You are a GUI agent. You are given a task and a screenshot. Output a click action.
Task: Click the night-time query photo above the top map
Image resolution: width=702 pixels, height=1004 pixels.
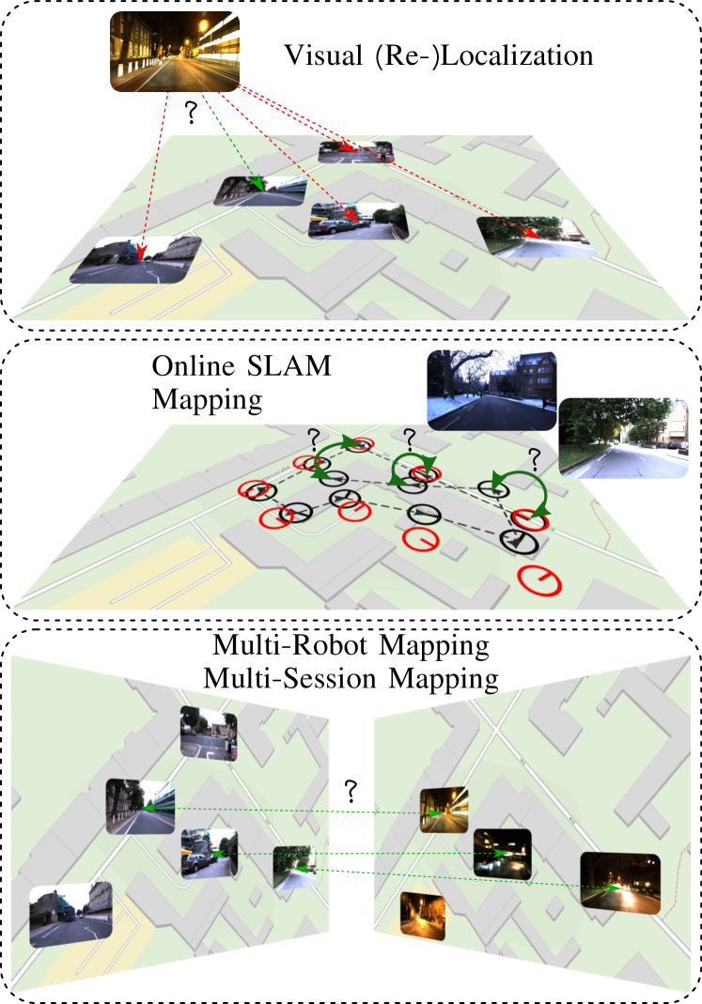175,52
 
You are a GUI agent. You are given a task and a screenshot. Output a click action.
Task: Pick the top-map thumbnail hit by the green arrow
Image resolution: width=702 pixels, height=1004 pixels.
259,191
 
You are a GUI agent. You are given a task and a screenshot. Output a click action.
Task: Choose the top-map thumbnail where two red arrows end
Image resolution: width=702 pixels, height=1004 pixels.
355,150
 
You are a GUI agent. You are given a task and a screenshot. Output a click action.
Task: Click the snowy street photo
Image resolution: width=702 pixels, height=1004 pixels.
491,389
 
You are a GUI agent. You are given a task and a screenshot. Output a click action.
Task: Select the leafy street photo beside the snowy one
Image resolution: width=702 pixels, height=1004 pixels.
624,438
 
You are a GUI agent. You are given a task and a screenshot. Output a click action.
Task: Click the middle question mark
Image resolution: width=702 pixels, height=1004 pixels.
409,437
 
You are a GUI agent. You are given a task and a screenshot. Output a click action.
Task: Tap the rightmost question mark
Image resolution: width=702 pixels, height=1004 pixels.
535,458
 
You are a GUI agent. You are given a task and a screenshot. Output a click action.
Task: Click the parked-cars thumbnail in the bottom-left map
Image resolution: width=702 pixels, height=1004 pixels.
209,853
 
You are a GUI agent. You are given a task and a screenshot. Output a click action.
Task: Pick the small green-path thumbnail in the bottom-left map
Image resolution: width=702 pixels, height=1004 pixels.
292,867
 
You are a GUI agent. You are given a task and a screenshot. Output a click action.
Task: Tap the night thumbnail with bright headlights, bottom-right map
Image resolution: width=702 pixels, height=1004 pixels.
620,880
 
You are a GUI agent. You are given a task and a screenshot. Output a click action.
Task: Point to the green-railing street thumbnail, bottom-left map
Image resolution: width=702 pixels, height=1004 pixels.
141,806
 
